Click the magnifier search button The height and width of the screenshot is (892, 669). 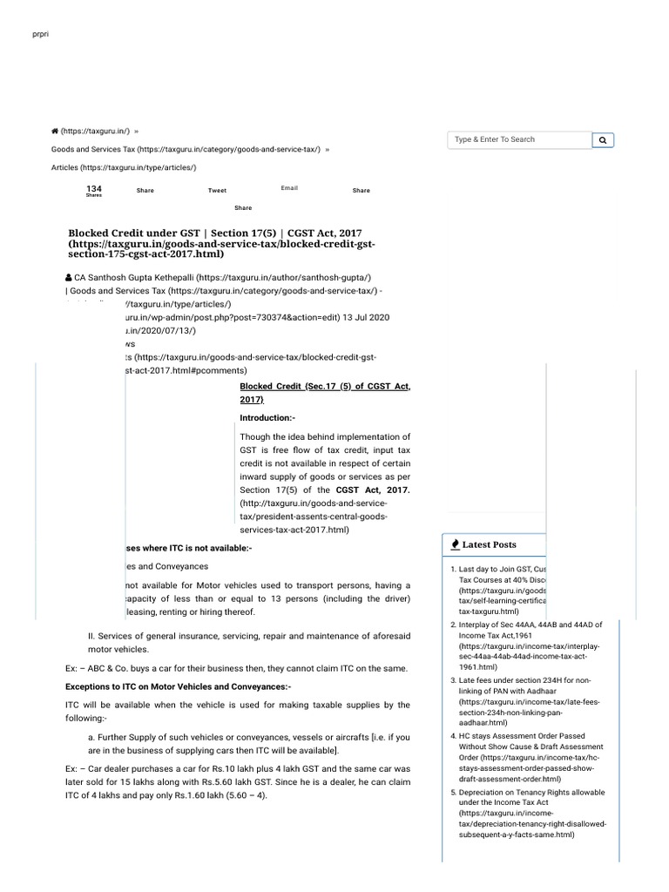click(x=603, y=140)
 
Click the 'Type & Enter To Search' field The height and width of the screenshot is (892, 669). click(x=519, y=139)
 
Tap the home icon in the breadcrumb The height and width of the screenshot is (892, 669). click(x=55, y=131)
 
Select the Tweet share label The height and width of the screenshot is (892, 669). click(x=217, y=191)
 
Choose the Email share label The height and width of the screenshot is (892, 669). click(x=289, y=188)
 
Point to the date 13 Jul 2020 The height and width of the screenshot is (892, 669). click(x=368, y=317)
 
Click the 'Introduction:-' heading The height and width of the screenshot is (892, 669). click(x=267, y=418)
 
